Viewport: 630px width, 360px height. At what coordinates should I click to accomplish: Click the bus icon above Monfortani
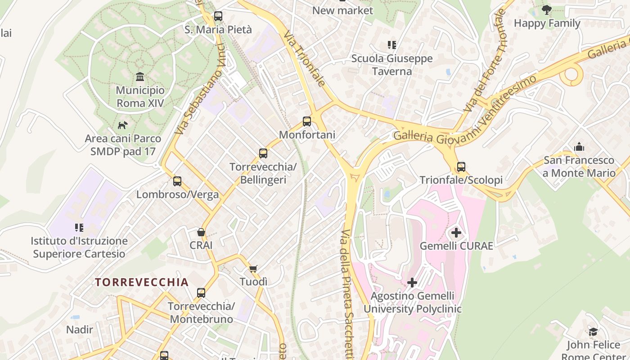click(307, 121)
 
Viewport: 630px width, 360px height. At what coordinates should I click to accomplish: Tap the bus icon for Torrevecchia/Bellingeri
click(263, 153)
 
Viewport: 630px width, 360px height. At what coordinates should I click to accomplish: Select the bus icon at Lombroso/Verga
click(177, 181)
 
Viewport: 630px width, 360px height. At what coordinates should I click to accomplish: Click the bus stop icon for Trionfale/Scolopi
click(461, 167)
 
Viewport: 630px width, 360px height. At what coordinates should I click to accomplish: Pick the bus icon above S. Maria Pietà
click(218, 16)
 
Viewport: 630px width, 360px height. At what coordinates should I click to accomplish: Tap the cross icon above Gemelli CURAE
click(456, 233)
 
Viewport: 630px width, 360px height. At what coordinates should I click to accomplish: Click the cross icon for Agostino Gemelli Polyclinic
click(412, 283)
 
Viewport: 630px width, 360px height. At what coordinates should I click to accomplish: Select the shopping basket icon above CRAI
click(201, 232)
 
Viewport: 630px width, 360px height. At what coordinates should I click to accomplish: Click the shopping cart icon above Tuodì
click(253, 269)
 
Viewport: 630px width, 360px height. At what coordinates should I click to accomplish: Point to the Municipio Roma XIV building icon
click(140, 77)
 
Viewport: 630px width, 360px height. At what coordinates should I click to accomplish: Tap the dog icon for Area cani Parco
click(122, 125)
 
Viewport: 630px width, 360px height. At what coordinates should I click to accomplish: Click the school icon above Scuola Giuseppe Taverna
click(392, 45)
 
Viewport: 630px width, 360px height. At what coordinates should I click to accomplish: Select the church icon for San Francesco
click(579, 147)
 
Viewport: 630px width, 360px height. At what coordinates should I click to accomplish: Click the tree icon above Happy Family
click(547, 9)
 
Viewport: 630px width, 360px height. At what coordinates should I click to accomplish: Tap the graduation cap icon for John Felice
click(594, 332)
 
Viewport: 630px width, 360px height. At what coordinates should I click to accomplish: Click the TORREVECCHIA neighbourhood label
click(142, 282)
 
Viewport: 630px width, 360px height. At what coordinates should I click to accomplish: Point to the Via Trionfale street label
click(304, 58)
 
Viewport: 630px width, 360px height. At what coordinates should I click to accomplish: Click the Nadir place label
click(80, 329)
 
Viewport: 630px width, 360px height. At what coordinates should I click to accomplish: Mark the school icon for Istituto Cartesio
click(79, 228)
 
